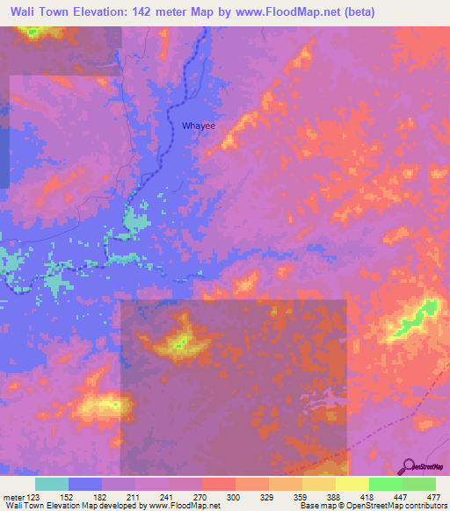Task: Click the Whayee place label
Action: [199, 126]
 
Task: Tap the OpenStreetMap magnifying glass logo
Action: [410, 466]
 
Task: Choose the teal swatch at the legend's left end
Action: [52, 484]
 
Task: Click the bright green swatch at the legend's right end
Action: [419, 484]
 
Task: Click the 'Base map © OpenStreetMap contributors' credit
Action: [372, 506]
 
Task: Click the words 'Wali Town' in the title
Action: [40, 12]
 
